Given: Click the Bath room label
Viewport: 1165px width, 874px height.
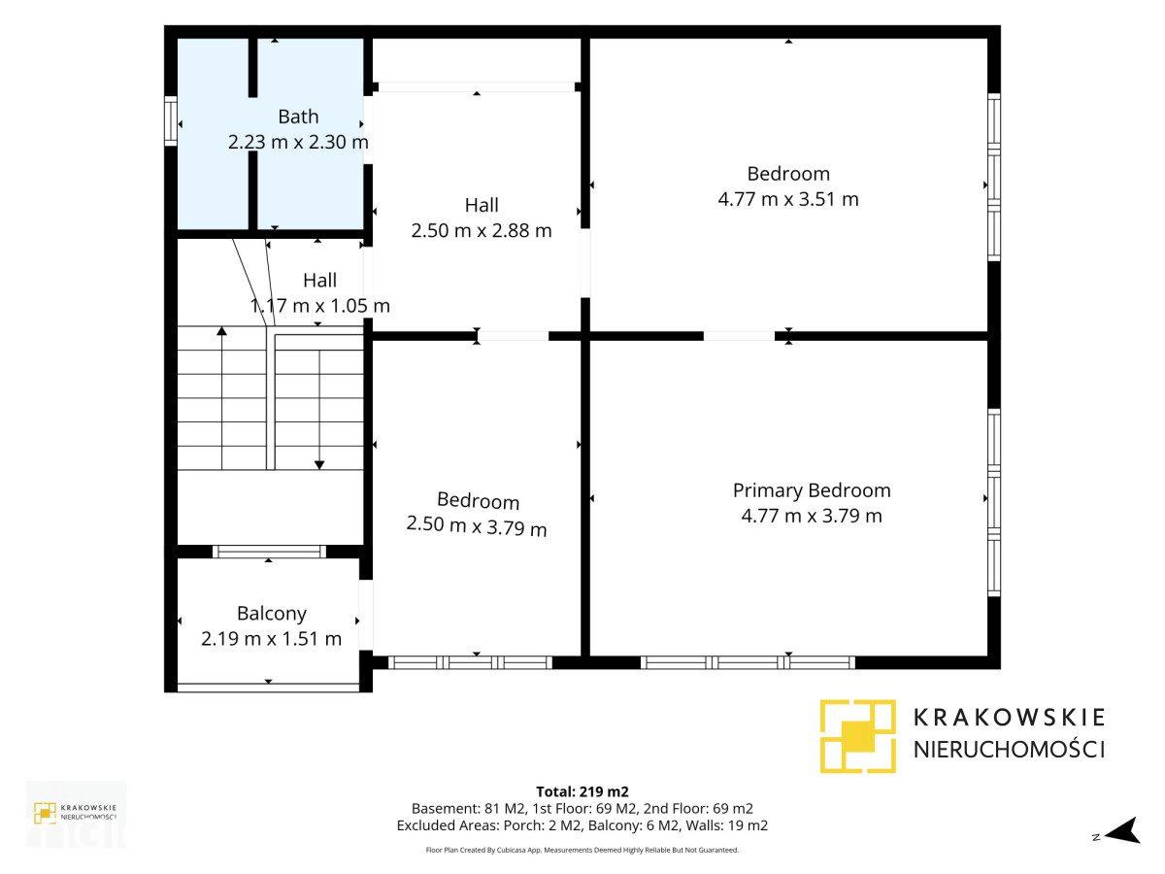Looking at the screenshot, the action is coord(298,117).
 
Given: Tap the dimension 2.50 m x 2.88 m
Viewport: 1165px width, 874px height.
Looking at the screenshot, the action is coord(482,231).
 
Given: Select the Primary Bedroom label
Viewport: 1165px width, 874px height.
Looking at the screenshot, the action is coord(812,490).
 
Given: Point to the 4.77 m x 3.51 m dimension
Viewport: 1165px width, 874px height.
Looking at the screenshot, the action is coord(788,199).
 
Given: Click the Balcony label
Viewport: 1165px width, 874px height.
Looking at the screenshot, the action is coord(272,614).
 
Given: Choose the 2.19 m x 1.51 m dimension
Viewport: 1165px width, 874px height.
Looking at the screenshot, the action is coord(271,639).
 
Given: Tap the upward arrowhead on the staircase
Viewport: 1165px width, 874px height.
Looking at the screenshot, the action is coord(222,331).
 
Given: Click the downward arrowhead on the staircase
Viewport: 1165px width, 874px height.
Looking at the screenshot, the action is coord(319,465).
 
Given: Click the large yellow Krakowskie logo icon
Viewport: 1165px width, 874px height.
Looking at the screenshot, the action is coord(857,736).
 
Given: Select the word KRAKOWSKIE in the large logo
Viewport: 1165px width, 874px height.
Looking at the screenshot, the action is coord(1009,718).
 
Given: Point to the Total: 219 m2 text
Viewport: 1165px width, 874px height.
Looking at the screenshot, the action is coord(582,791).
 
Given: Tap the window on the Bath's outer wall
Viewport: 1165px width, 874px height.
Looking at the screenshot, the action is coord(170,120).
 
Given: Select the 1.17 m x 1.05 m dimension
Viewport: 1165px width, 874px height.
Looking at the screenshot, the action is coord(320,306).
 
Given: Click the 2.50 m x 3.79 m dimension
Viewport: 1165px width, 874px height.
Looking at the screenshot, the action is coord(477,527).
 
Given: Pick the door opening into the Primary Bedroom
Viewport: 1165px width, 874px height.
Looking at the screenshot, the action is coord(740,336).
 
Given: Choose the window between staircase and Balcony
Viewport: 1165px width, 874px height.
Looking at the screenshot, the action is coord(270,552).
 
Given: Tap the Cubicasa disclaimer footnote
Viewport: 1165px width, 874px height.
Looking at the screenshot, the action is coord(582,850).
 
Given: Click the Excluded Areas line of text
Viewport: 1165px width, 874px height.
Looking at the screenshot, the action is coord(582,825).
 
